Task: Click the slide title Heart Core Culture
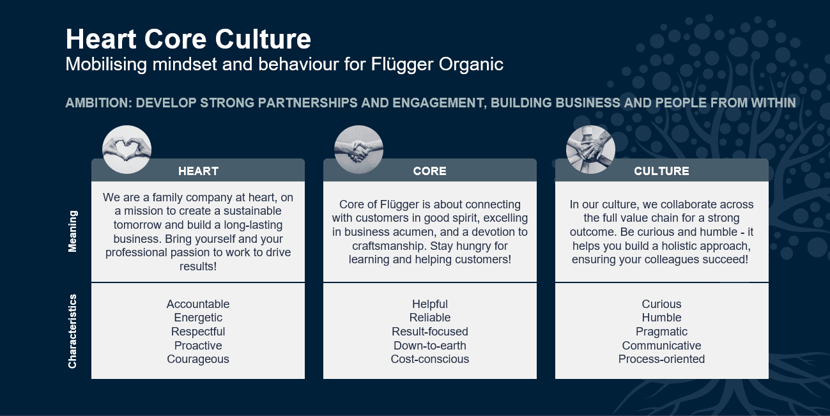tap(188, 40)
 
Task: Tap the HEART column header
tap(198, 171)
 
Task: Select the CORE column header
tap(429, 171)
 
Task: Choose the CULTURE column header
tap(661, 171)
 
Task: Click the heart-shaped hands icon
tap(127, 150)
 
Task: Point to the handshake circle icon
tap(358, 150)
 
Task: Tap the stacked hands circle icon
tap(590, 150)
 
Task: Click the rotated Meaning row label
tap(73, 231)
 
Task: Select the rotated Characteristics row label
tap(73, 331)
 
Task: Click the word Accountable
tap(198, 304)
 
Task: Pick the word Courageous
tap(198, 359)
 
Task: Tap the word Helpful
tap(430, 304)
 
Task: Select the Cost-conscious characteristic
tap(430, 359)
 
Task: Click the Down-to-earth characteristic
tap(430, 346)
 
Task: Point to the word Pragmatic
tap(661, 332)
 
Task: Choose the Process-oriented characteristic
tap(661, 359)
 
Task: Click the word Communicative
tap(661, 346)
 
